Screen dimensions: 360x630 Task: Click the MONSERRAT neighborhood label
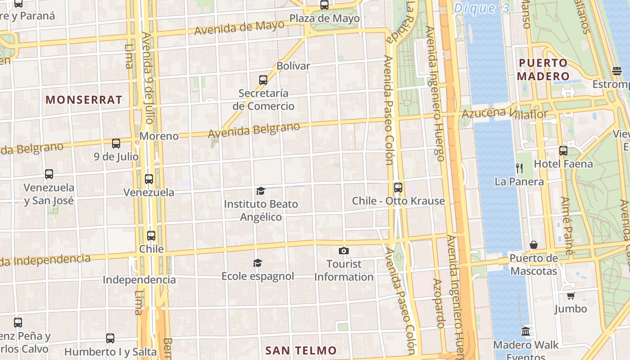pos(84,100)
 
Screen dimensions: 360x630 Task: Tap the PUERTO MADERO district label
pos(543,70)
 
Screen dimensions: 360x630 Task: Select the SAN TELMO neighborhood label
pos(301,350)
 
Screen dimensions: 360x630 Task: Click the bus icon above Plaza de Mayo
pos(324,5)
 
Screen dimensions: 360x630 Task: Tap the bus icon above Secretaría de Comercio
pos(263,80)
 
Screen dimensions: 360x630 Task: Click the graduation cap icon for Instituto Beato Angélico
pos(261,191)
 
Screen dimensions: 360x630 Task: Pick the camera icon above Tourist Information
pos(344,251)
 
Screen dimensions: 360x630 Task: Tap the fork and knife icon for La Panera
pos(519,168)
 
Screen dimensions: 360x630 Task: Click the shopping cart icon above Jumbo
pos(571,296)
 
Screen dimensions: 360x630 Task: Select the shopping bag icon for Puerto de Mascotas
pos(533,245)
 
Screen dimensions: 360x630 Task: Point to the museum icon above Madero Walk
pos(526,332)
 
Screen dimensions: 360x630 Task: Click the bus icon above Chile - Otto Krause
pos(398,187)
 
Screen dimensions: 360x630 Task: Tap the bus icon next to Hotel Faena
pos(563,151)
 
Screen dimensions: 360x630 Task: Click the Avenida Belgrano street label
pos(254,130)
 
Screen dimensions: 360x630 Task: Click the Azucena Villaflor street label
pos(504,113)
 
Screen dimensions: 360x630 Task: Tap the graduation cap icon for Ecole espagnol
pos(257,263)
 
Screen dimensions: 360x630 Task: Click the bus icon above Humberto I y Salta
pos(110,338)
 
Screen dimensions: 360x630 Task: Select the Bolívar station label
pos(293,66)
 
